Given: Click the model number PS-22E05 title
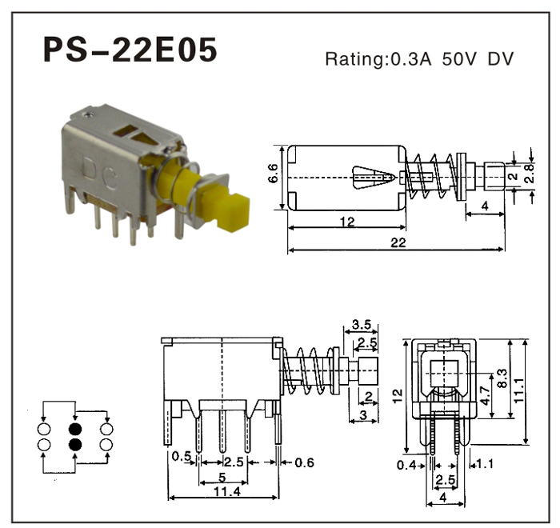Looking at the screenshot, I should pos(130,50).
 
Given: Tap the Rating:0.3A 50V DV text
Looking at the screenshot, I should pos(419,58).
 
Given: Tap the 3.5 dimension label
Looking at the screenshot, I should pos(361,325).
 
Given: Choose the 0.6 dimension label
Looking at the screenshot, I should pos(304,462).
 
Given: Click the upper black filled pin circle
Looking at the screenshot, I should pos(75,428).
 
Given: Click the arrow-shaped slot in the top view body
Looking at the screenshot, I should pos(373,176).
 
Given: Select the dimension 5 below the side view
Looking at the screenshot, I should pos(222,478).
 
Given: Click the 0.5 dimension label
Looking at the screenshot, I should pos(181,457).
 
